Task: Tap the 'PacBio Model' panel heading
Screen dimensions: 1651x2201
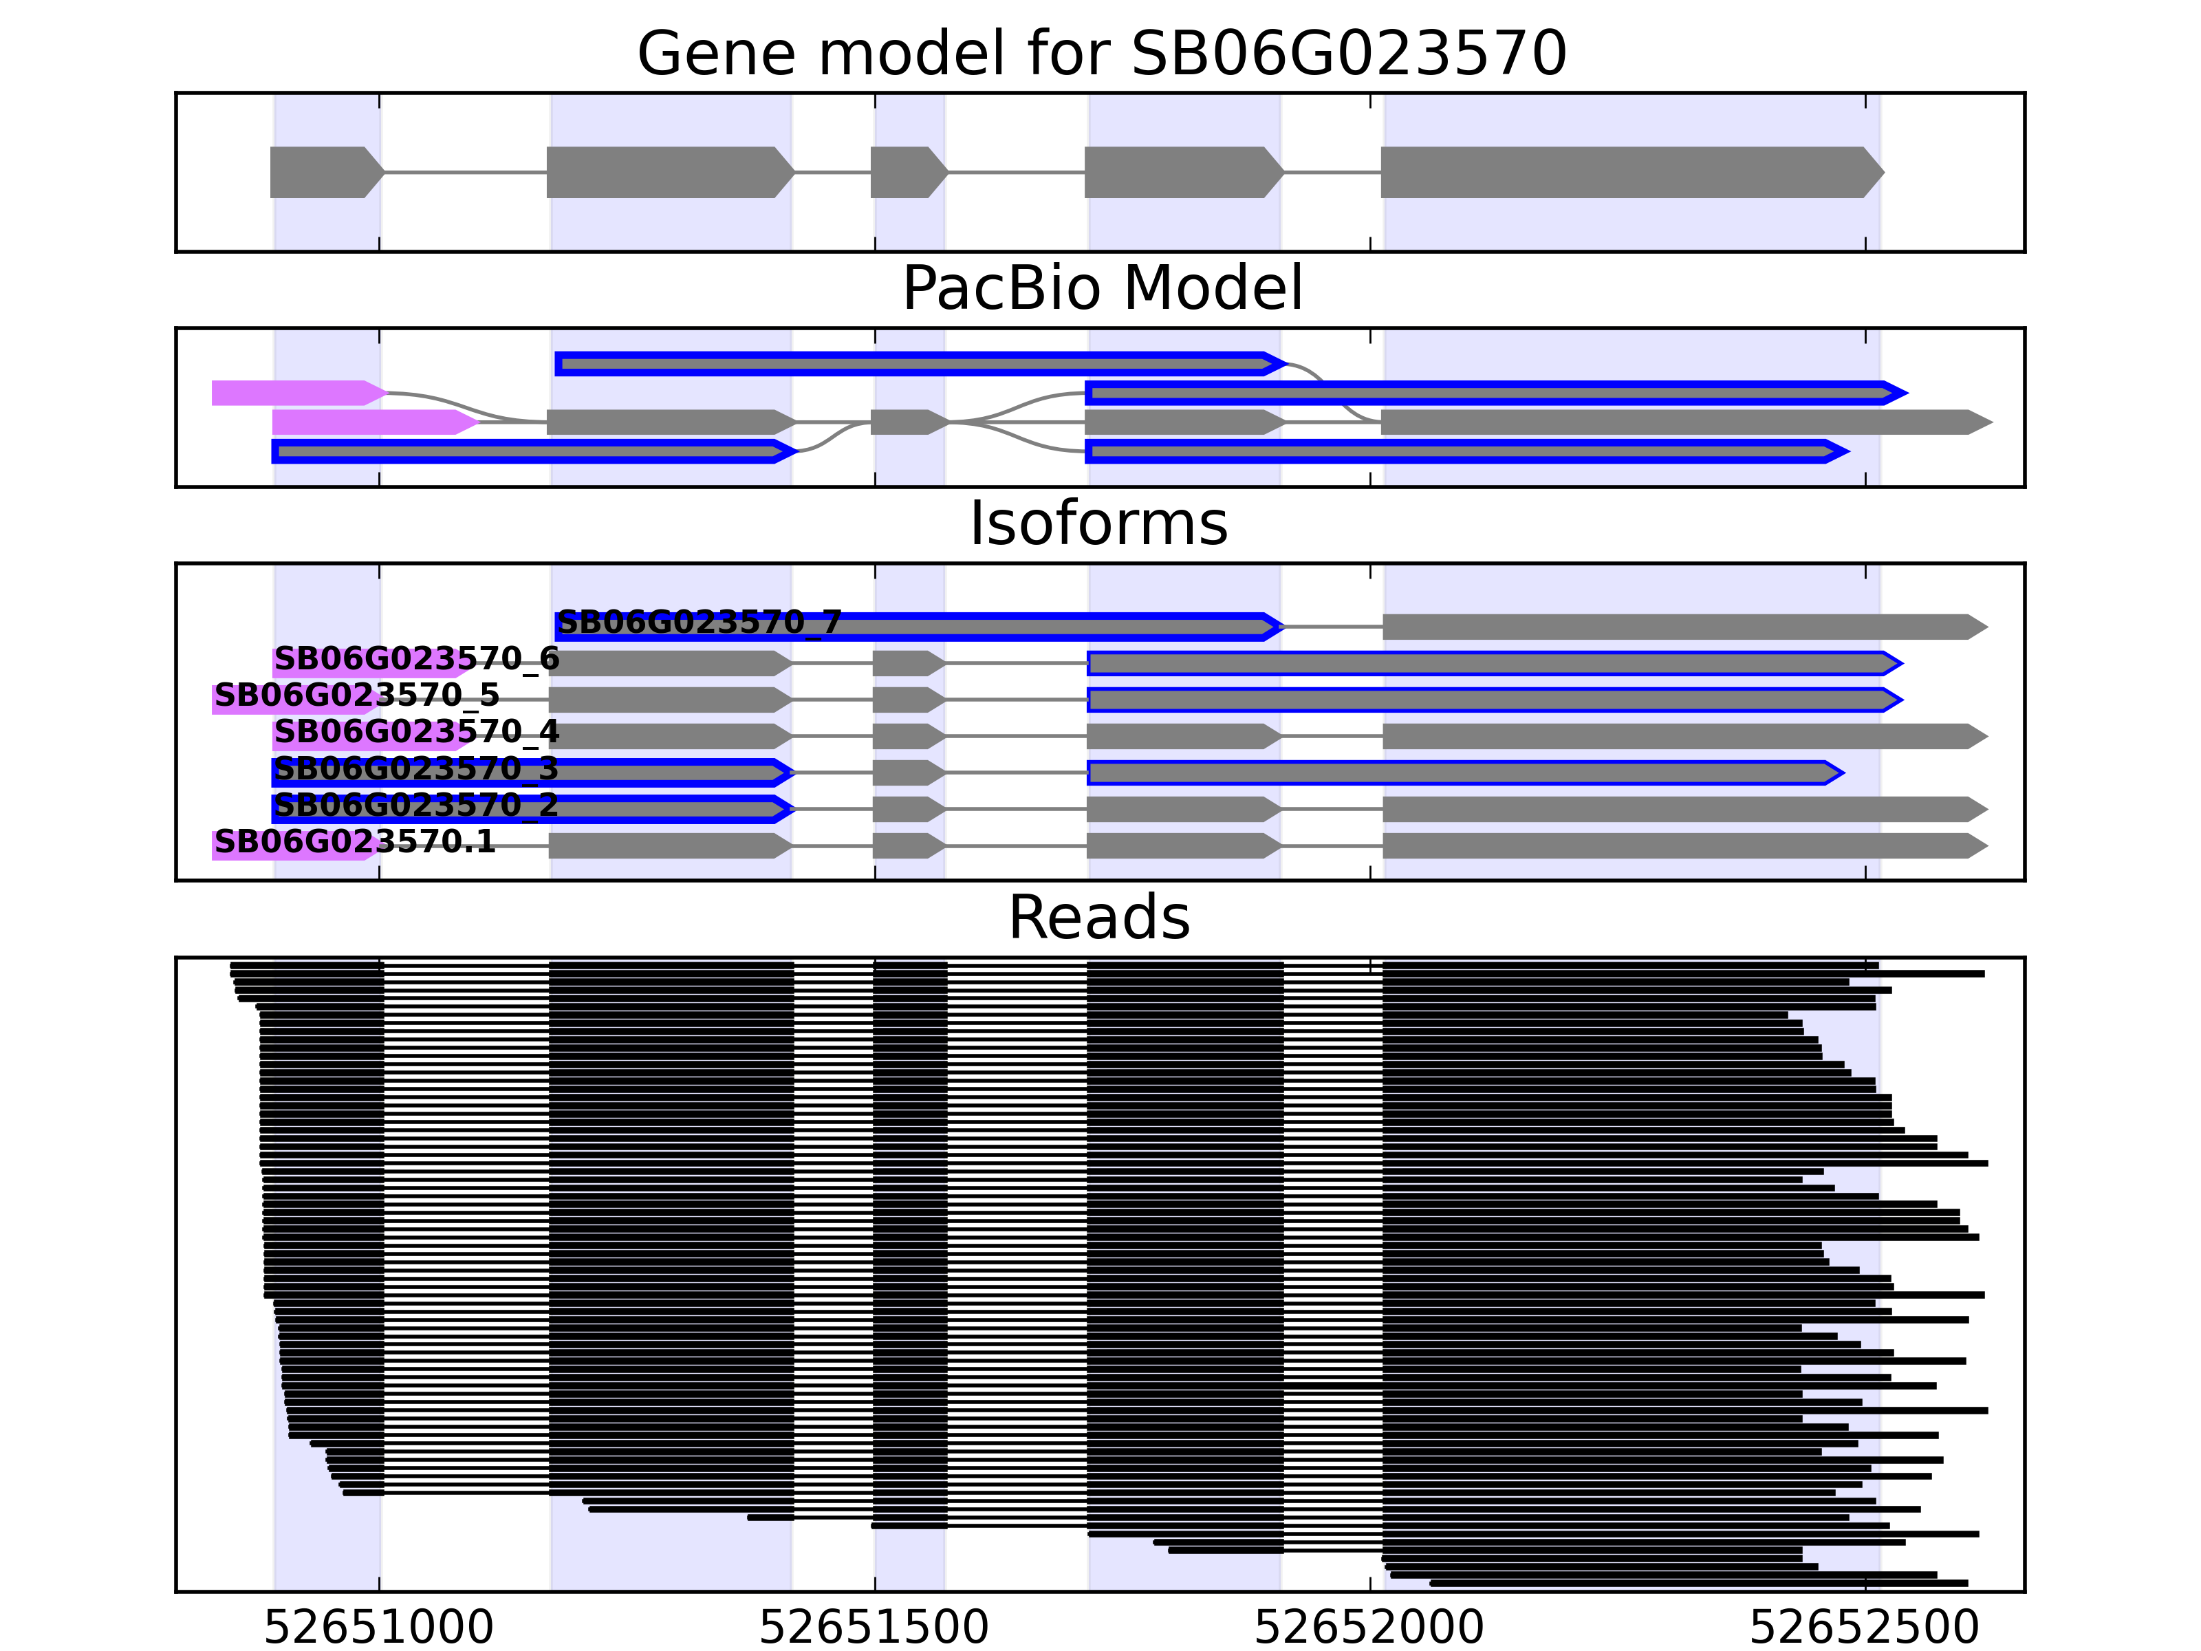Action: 1100,289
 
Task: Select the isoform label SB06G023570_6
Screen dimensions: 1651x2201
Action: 416,659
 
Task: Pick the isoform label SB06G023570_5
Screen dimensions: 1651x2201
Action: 356,695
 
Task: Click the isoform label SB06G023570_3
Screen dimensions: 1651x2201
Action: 416,768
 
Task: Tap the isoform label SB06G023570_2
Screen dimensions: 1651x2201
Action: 416,804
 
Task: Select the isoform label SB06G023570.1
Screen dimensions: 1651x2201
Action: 354,842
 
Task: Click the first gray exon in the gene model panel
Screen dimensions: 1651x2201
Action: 323,172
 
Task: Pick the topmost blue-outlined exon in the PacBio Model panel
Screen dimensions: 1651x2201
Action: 915,364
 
